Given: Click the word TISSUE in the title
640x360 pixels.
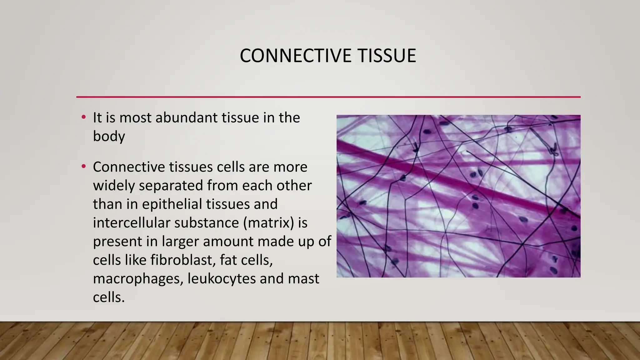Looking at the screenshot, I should click(x=387, y=56).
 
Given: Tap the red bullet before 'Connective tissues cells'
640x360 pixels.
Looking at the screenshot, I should click(x=83, y=167).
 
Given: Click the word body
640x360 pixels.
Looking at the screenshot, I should click(x=109, y=137).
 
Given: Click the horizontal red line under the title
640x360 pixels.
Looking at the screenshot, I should click(x=328, y=97).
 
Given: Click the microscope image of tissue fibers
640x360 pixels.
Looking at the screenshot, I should click(x=458, y=196).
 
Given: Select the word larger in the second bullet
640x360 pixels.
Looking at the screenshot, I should click(x=179, y=242).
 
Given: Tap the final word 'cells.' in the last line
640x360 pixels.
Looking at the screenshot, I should click(x=109, y=297).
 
